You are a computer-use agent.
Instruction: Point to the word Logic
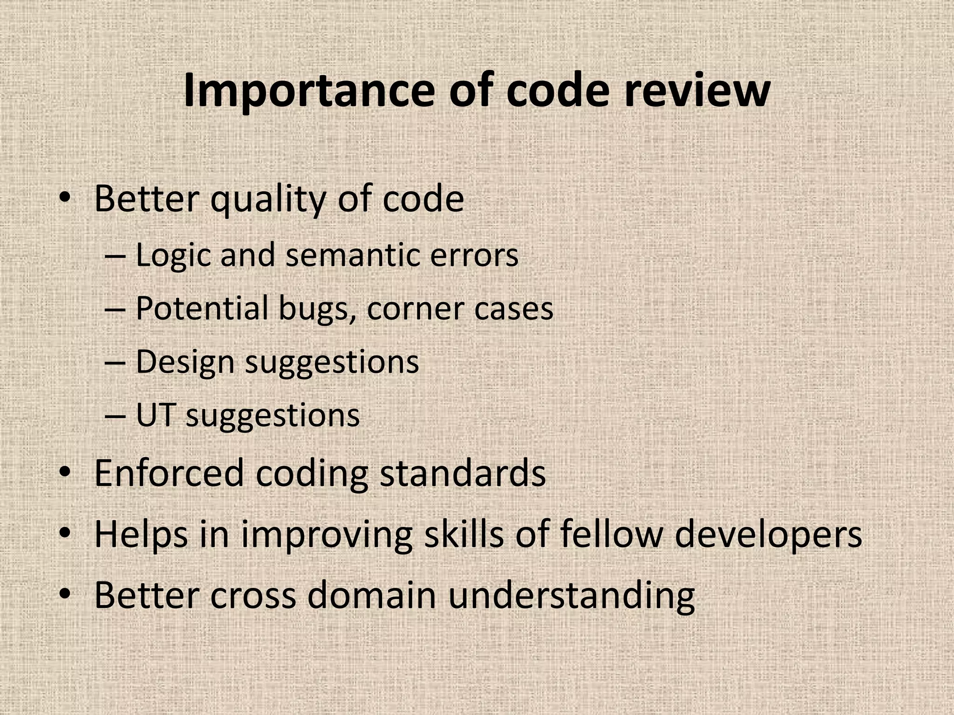tap(173, 256)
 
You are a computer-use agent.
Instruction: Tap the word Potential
tap(202, 308)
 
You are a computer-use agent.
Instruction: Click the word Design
tap(185, 363)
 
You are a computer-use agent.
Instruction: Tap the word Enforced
tap(169, 473)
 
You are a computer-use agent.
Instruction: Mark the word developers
tap(768, 535)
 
